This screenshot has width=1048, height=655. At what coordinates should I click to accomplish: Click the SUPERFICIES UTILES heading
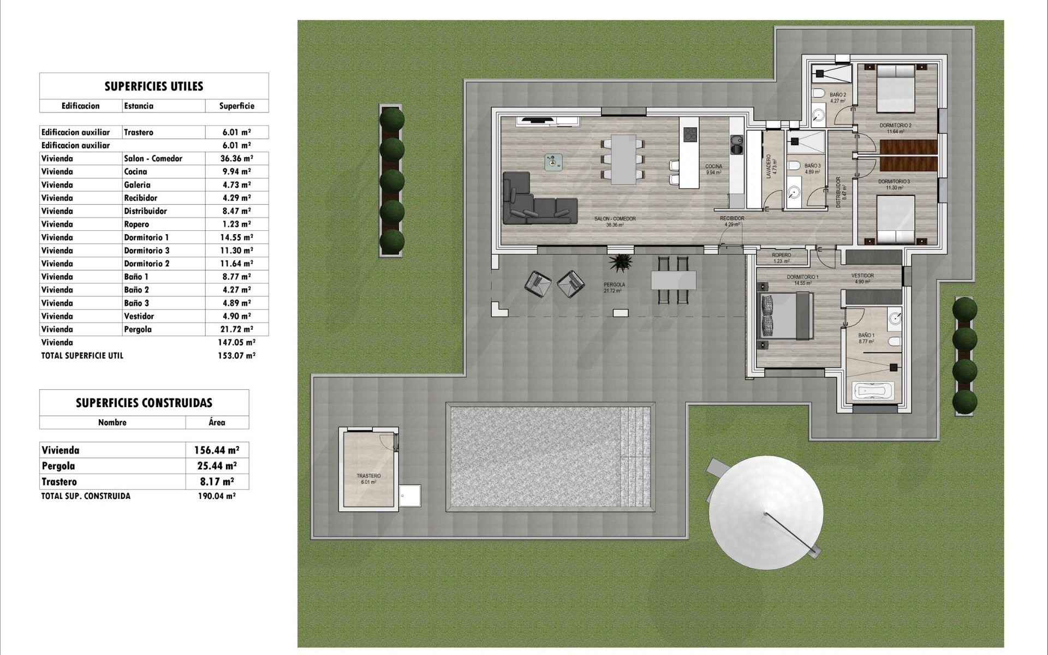153,86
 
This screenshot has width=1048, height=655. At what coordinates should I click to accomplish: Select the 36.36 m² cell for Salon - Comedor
236,158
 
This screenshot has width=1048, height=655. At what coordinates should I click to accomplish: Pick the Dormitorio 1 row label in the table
146,237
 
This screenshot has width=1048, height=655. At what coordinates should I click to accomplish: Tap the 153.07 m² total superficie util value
236,355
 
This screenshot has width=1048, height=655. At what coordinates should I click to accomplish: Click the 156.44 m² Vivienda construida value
217,450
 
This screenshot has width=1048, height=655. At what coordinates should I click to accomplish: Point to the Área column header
217,422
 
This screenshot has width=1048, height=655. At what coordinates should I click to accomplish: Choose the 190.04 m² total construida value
217,496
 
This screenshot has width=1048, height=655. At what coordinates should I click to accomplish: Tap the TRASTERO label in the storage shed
368,476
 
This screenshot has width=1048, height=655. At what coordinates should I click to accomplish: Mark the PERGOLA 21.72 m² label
614,287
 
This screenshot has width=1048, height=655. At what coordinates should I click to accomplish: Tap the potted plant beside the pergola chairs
621,262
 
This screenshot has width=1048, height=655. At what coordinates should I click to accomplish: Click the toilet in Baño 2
818,94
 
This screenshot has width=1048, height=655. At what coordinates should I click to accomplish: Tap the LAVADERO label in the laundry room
769,166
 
